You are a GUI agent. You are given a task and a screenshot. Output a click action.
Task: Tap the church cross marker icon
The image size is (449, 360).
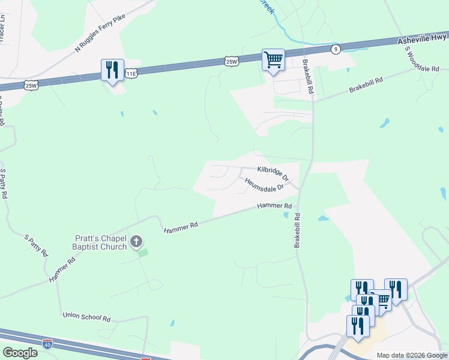coord(136,242)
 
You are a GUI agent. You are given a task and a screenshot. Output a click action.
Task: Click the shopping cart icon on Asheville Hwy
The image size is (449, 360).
coord(273,61)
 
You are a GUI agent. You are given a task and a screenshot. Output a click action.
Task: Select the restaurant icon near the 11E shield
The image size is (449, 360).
coord(112,71)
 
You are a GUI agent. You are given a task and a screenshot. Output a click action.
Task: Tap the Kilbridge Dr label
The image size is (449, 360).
coord(273,173)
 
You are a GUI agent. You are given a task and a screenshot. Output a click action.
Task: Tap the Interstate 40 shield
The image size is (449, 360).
coord(47,344)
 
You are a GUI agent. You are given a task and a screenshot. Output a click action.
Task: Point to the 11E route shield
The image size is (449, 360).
coord(131,73)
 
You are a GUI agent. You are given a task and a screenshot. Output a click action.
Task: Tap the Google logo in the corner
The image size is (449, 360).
coord(20,352)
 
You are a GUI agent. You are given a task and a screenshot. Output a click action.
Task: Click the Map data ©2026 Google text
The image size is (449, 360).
coord(411,355)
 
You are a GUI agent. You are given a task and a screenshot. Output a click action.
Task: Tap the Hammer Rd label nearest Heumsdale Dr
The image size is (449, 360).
coord(274,206)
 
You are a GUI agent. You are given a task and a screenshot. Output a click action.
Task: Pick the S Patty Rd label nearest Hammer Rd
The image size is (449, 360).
coord(37,244)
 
